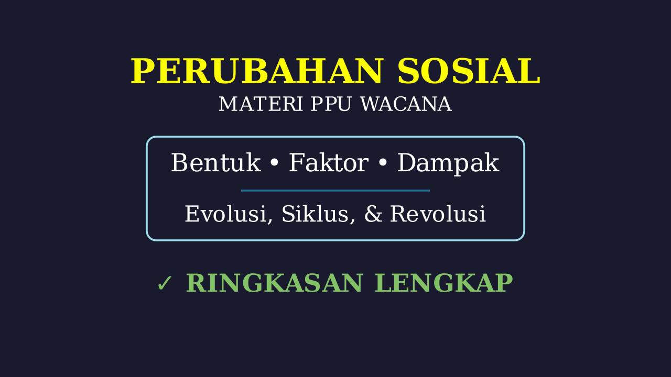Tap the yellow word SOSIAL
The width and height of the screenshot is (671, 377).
click(469, 71)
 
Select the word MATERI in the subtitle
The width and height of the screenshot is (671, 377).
click(261, 104)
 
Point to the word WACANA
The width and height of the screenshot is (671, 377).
click(406, 104)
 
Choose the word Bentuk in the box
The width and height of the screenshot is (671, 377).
click(215, 162)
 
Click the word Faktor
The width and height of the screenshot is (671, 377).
click(329, 162)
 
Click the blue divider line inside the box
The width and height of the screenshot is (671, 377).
click(335, 190)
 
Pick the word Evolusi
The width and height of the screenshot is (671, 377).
click(225, 214)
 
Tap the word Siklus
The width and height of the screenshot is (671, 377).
click(315, 214)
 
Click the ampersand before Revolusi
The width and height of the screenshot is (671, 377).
click(373, 214)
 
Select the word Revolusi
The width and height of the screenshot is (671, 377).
click(438, 214)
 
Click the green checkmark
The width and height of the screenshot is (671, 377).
click(165, 283)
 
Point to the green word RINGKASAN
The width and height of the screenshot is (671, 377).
click(274, 283)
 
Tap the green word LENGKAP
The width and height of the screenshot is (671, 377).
click(444, 283)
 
